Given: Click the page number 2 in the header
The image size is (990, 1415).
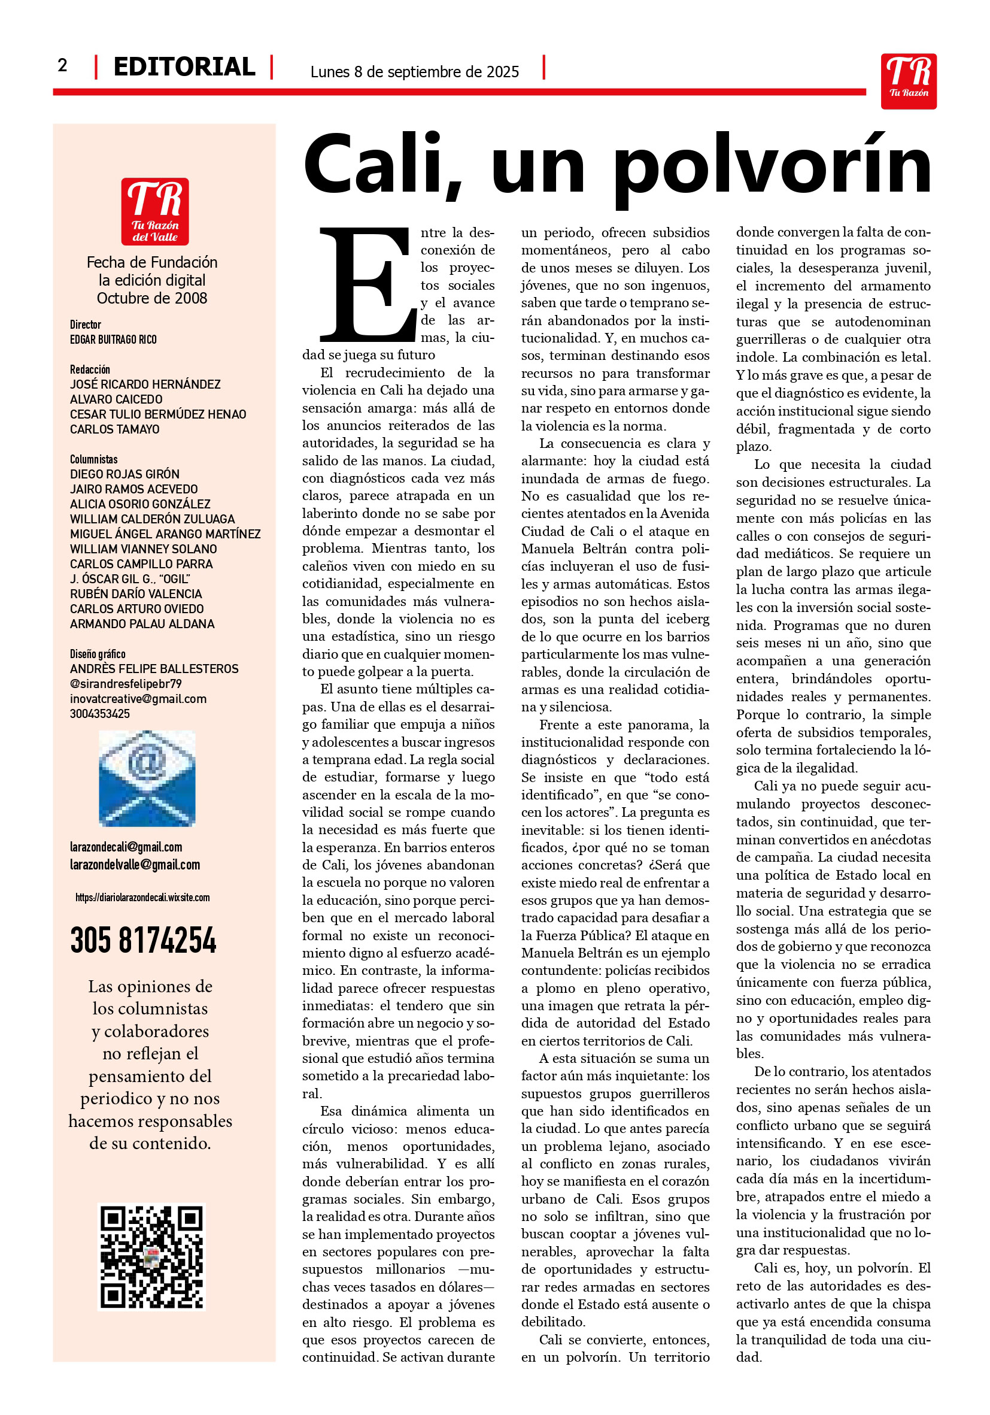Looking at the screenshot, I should tap(62, 65).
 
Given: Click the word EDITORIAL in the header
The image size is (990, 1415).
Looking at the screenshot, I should tap(184, 66).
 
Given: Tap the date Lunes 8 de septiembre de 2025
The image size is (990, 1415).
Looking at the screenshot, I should tap(414, 72).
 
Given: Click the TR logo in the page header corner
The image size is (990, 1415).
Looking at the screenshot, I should tap(908, 81).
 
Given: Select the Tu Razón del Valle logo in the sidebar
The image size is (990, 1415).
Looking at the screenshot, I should tap(154, 211).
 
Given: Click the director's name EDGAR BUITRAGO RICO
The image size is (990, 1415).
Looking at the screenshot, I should tap(113, 340).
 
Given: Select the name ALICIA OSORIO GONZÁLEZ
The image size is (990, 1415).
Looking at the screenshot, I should tap(140, 504).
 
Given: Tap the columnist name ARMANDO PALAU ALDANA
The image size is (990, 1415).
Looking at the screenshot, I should tap(142, 624).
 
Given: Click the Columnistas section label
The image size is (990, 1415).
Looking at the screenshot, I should tap(93, 459).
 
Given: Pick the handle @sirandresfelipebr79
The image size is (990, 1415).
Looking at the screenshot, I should tap(125, 684).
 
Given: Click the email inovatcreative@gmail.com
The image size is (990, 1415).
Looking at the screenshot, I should tap(138, 699).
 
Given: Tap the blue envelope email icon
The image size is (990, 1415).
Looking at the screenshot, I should tap(147, 778).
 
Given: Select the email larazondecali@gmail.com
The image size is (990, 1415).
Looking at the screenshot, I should tap(126, 847).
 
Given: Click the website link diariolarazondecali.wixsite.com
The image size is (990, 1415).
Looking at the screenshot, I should tap(142, 897).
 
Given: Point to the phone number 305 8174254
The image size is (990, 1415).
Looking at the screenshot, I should tap(143, 941).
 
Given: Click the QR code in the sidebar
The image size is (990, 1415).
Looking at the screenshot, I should tap(151, 1257).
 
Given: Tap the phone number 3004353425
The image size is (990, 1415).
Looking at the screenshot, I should tap(100, 714).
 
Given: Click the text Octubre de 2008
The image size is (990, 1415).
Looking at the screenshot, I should tap(151, 298).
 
